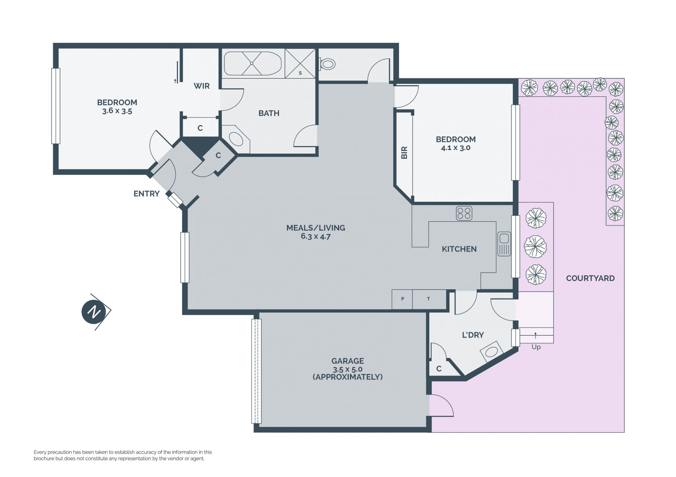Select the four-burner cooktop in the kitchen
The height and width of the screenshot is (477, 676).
point(464,213)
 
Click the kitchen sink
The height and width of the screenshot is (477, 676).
point(504,244)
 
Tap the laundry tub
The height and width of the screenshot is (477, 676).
point(492,352)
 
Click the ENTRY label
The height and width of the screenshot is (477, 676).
point(146,194)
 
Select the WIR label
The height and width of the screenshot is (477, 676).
point(201,86)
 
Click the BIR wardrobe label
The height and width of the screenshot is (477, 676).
point(404,153)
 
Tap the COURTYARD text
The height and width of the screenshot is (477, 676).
point(590,278)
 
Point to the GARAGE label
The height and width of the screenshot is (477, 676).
point(348,361)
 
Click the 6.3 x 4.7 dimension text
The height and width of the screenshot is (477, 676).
point(316,236)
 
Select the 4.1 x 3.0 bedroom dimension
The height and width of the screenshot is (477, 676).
point(456,148)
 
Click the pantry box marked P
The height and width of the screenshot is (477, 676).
point(402,299)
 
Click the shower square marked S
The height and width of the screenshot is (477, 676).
point(300,64)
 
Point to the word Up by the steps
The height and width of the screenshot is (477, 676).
point(536,347)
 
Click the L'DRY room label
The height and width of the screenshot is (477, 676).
point(473,335)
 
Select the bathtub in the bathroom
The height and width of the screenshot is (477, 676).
point(252,64)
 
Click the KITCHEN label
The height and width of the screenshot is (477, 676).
point(459,249)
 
